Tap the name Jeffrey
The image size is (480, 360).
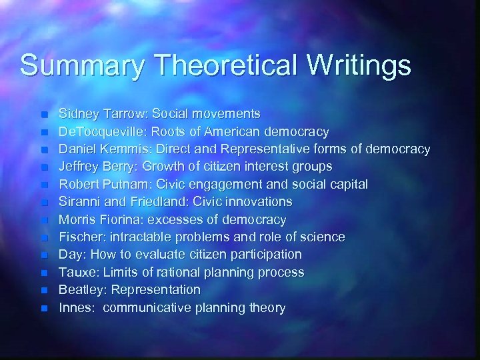[x=79, y=166]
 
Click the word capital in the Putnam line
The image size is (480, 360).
[x=346, y=184]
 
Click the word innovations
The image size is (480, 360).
[x=258, y=201]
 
